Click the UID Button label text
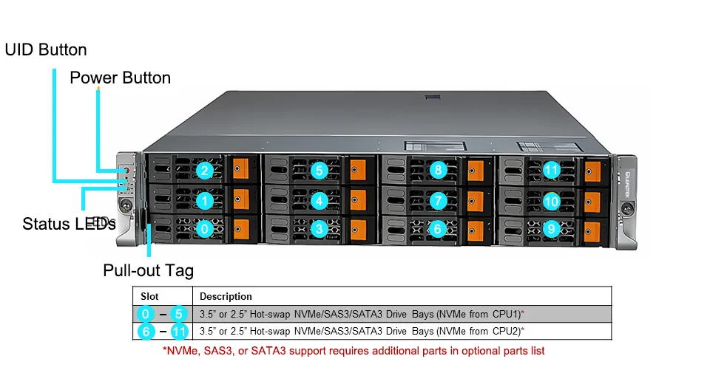pyautogui.click(x=46, y=50)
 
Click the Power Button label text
pyautogui.click(x=120, y=78)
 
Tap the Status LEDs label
pyautogui.click(x=69, y=224)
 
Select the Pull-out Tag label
pyautogui.click(x=148, y=270)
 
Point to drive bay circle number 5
pyautogui.click(x=319, y=171)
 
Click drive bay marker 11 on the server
pyautogui.click(x=551, y=171)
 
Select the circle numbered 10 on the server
pyautogui.click(x=551, y=200)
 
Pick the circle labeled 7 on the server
pyautogui.click(x=438, y=200)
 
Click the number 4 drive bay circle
pyautogui.click(x=319, y=200)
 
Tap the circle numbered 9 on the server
pyautogui.click(x=551, y=229)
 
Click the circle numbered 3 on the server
pyautogui.click(x=319, y=229)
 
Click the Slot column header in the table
pyautogui.click(x=149, y=296)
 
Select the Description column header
pyautogui.click(x=226, y=296)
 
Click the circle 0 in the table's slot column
pyautogui.click(x=146, y=313)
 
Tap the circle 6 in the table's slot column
pyautogui.click(x=146, y=331)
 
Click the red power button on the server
pyautogui.click(x=126, y=171)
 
